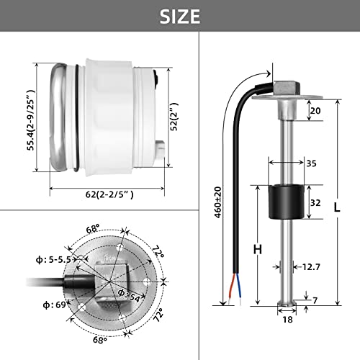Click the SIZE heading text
point(179,16)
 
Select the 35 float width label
point(312,163)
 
